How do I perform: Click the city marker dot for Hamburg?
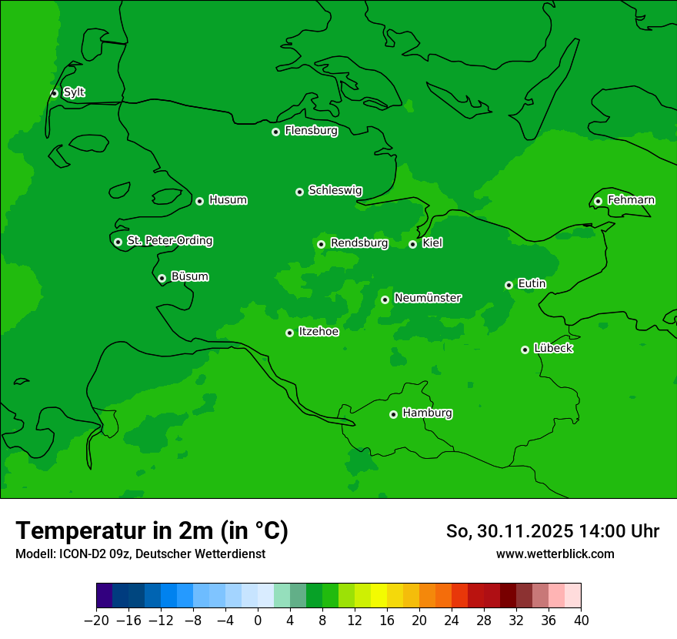393,414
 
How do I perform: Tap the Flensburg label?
311,131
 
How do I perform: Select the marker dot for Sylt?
54,93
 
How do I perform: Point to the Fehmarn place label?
631,200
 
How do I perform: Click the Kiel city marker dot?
412,244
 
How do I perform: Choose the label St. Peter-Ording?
169,241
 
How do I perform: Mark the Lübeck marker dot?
525,350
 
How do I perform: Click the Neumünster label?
428,298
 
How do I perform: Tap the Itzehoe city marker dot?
289,333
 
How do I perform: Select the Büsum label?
189,276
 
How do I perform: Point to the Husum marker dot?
199,201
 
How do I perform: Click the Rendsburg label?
359,243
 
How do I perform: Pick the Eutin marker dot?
509,285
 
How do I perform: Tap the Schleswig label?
335,190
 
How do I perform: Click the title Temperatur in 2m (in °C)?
152,530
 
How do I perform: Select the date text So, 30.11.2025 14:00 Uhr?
552,531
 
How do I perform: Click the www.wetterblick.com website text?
555,554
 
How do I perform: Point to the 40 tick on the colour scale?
581,621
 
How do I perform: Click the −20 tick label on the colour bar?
96,621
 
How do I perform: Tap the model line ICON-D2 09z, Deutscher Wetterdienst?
140,554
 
